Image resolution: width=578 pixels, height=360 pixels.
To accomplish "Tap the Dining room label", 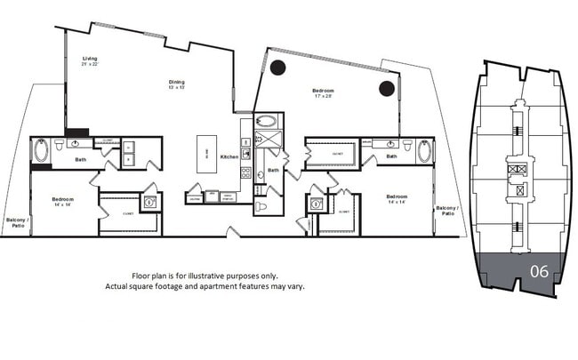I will tap(178, 84).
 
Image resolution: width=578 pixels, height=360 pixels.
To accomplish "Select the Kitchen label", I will tap(229, 156).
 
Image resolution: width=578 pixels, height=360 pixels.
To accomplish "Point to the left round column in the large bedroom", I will tap(278, 67).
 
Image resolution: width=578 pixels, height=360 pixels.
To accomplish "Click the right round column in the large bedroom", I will tap(386, 87).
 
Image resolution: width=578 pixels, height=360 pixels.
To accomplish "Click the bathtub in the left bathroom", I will tap(41, 150).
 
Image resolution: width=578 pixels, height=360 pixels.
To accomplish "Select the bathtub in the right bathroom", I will tap(424, 149).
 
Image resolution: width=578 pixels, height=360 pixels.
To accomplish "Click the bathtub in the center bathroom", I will tap(266, 122).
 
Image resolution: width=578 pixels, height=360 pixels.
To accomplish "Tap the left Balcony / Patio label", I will tap(15, 222).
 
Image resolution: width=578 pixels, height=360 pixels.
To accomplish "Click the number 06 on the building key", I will tap(539, 271).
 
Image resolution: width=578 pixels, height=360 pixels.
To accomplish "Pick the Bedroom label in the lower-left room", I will tap(62, 200).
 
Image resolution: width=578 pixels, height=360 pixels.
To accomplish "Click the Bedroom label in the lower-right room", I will tap(397, 197).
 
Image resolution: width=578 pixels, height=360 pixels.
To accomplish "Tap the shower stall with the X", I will tap(267, 140).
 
